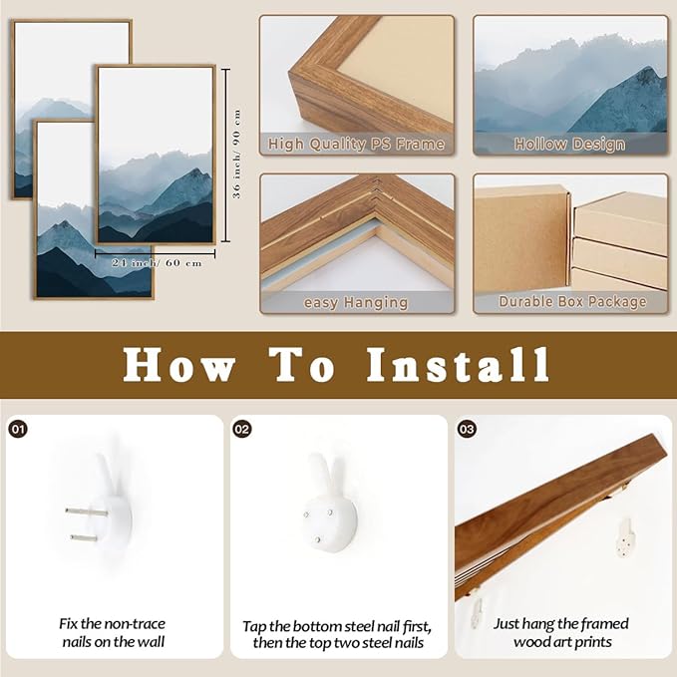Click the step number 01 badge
pos(18,429)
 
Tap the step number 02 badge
pos(241,429)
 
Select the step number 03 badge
pos(467,429)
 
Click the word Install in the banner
pos(458,365)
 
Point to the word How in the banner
pos(179,365)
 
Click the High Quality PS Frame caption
pos(356,144)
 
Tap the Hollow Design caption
pos(569,145)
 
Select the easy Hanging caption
pos(356,303)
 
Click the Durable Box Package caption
pos(572,301)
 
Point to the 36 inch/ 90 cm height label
pos(236,155)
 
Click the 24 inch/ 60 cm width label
pos(157,263)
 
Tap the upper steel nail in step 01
pos(87,512)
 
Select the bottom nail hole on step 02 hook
pos(318,539)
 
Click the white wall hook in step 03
pos(625,537)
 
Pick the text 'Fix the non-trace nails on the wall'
pos(113,632)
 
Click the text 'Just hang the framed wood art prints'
pos(561,632)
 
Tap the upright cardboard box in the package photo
pos(521,239)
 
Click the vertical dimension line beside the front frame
pos(226,155)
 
